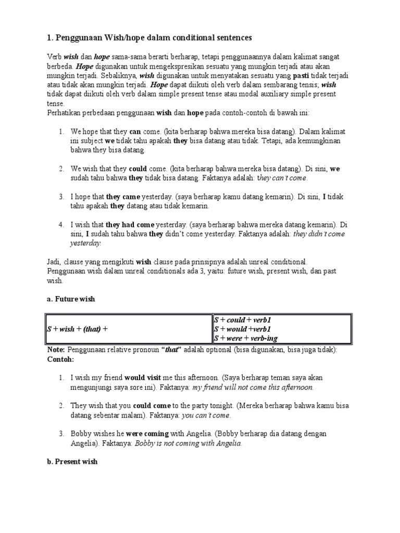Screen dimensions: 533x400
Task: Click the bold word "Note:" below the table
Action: [56, 350]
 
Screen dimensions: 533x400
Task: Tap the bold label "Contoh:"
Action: [60, 359]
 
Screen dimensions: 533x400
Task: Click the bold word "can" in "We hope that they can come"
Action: [135, 132]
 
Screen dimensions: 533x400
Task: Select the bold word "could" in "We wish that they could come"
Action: [137, 169]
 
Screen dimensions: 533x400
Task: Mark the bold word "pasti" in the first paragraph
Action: [302, 75]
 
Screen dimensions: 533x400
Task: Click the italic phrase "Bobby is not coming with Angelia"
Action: [189, 443]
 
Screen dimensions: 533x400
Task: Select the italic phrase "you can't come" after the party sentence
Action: [205, 415]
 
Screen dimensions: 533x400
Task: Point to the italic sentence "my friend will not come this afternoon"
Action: [253, 388]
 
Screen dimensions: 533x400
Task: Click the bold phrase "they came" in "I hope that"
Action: [123, 197]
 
